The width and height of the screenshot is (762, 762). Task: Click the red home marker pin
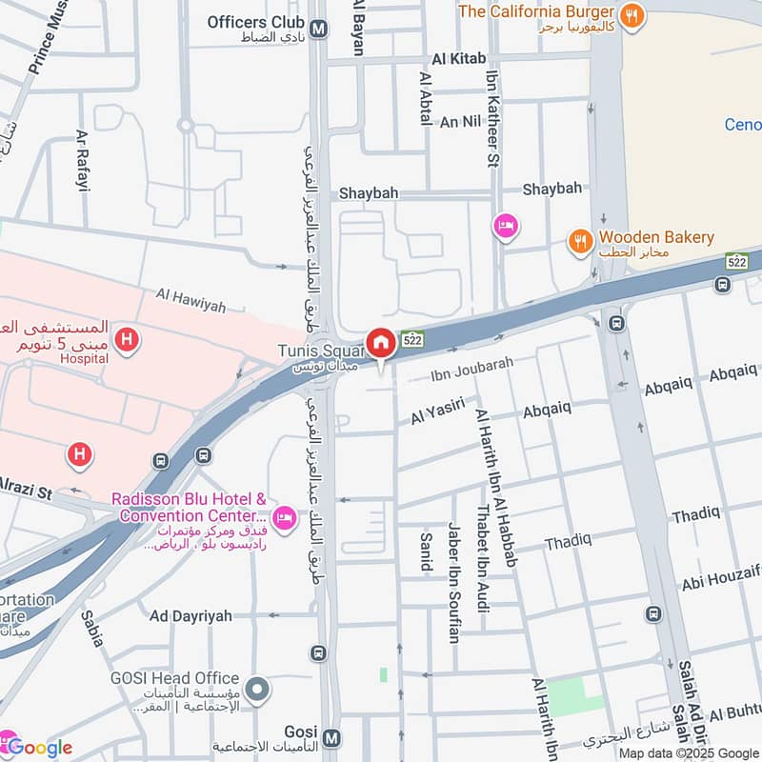coord(381,343)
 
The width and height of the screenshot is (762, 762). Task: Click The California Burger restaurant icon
coord(630,15)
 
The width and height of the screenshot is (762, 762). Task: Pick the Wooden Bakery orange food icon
coord(580,242)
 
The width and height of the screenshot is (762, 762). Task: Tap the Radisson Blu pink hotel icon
coord(283,518)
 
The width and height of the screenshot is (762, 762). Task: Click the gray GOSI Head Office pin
coord(255,689)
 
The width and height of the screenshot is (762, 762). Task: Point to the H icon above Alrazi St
coord(80,455)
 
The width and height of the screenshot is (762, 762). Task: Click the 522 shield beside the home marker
coord(412,339)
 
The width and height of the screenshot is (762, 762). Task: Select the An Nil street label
coord(460,122)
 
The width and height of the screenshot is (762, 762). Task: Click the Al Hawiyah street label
coord(193,306)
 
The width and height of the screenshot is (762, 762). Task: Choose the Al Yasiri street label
coord(437,411)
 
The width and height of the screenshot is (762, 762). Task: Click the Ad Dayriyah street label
coord(190,616)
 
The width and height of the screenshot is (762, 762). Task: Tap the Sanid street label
coord(426,551)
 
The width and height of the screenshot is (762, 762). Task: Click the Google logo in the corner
coord(38,747)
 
